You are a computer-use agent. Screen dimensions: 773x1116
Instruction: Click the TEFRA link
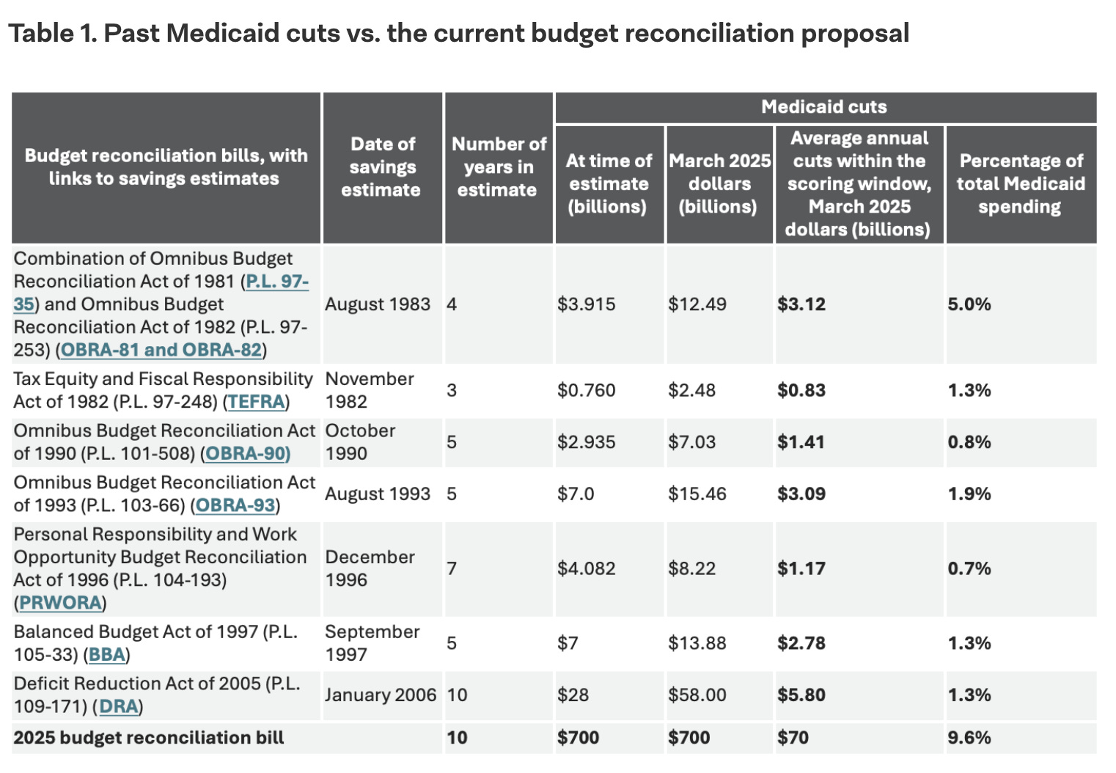tap(256, 402)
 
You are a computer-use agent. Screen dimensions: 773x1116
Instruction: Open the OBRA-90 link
tap(247, 454)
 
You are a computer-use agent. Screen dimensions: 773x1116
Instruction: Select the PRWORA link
tap(60, 603)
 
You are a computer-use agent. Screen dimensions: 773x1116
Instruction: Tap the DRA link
tap(118, 707)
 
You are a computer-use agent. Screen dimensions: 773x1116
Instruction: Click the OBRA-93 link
tap(235, 506)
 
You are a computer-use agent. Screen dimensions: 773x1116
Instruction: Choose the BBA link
tap(107, 655)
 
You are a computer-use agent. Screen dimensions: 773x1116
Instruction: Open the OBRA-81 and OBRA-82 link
tap(161, 350)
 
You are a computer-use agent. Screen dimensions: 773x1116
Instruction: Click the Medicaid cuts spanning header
tap(824, 107)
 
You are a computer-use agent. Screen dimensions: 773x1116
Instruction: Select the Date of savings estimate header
tap(382, 167)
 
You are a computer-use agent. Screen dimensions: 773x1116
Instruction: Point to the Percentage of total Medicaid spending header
tap(1021, 183)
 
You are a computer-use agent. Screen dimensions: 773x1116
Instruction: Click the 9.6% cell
tap(969, 738)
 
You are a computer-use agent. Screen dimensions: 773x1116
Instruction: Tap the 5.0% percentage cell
tap(969, 304)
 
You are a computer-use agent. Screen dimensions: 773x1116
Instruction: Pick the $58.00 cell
tap(697, 695)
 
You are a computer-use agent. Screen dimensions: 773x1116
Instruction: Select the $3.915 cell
tap(586, 304)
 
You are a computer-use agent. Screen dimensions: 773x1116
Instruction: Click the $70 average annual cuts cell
tap(793, 738)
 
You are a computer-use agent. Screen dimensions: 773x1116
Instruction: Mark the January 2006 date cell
tap(381, 695)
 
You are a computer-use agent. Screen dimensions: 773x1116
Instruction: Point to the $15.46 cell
tap(697, 494)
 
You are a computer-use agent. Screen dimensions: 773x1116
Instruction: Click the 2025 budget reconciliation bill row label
tap(149, 738)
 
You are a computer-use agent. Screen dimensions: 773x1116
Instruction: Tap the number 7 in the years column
tap(452, 568)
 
